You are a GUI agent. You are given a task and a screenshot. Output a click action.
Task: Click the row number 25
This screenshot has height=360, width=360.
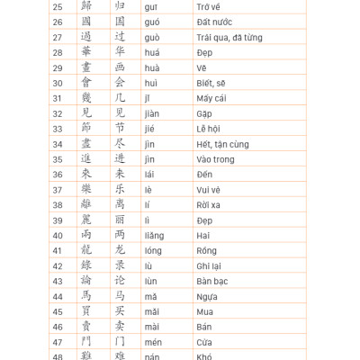[58, 6]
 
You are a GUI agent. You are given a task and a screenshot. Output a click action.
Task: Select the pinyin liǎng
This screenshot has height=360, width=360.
[155, 235]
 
